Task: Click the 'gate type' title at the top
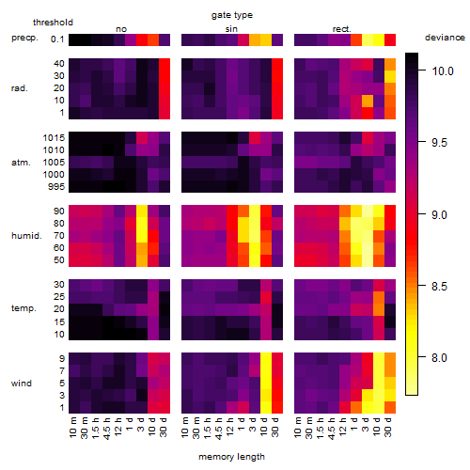232,15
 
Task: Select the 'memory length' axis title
231,457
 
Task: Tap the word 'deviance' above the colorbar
445,38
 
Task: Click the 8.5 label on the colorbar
439,287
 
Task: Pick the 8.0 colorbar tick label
439,358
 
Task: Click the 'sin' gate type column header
231,29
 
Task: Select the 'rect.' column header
342,29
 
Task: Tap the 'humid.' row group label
26,236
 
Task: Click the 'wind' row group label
22,384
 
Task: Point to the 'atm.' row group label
21,163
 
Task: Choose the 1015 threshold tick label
54,138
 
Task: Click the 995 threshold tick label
56,187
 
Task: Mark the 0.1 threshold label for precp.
57,39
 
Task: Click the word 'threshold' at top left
53,23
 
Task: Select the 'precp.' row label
24,38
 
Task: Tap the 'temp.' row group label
23,308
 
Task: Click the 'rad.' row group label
20,88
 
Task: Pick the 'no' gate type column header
121,29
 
